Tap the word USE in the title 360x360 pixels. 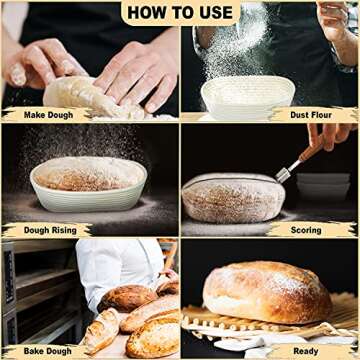(x=211, y=13)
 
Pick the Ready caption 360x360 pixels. (x=305, y=350)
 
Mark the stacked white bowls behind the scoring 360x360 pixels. (x=323, y=185)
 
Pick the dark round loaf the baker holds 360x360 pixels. (x=127, y=297)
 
